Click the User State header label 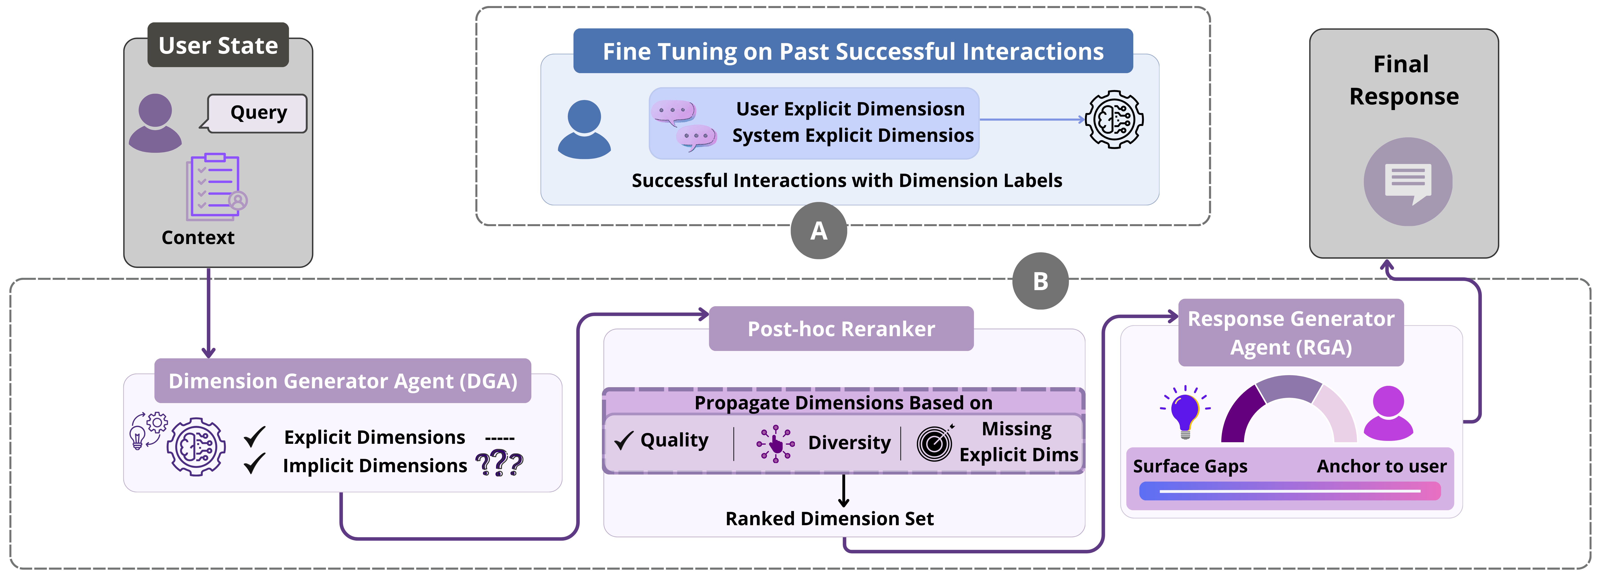(x=218, y=45)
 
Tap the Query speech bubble (x=258, y=113)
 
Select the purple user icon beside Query (x=155, y=123)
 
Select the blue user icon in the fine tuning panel (x=584, y=129)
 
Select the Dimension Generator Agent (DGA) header (x=343, y=381)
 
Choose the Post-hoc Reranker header (x=841, y=329)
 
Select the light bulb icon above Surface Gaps (x=1185, y=412)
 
